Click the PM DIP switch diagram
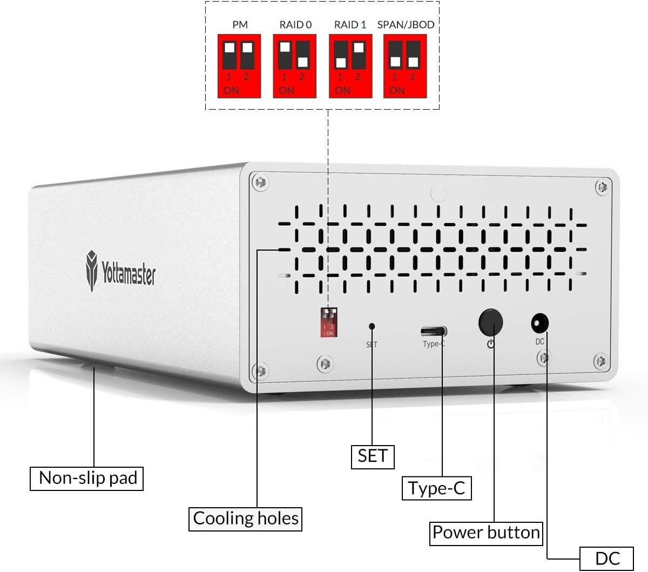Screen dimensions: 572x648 pyautogui.click(x=239, y=66)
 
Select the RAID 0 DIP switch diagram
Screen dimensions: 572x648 pyautogui.click(x=294, y=66)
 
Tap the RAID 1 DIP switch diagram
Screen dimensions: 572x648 pyautogui.click(x=350, y=66)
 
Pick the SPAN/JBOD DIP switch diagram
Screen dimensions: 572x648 pyautogui.click(x=405, y=66)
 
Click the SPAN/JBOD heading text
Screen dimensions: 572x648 pyautogui.click(x=406, y=24)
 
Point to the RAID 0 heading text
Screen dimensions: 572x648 pyautogui.click(x=295, y=24)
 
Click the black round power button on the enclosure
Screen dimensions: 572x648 pyautogui.click(x=490, y=322)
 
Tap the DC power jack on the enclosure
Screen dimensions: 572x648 pyautogui.click(x=539, y=325)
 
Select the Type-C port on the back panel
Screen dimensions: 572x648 pyautogui.click(x=434, y=331)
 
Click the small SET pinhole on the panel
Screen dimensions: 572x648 pyautogui.click(x=372, y=326)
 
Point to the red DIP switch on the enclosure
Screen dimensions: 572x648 pyautogui.click(x=329, y=322)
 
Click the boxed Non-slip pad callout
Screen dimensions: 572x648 pyautogui.click(x=87, y=478)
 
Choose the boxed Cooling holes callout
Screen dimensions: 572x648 pyautogui.click(x=245, y=519)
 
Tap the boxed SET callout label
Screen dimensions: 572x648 pyautogui.click(x=373, y=456)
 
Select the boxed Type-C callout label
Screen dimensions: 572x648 pyautogui.click(x=436, y=488)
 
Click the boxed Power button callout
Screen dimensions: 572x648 pyautogui.click(x=486, y=533)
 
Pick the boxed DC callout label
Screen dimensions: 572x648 pyautogui.click(x=607, y=558)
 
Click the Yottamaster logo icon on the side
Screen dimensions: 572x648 pyautogui.click(x=92, y=270)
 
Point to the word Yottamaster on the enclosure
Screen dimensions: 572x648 pyautogui.click(x=129, y=273)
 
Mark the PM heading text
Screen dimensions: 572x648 pyautogui.click(x=240, y=24)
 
